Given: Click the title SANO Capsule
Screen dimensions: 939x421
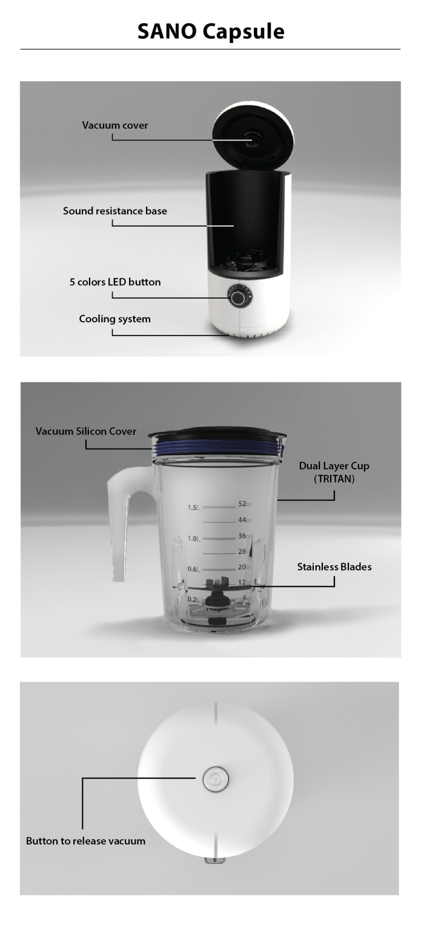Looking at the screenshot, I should pyautogui.click(x=210, y=32).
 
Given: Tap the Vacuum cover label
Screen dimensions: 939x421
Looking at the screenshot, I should pyautogui.click(x=115, y=125).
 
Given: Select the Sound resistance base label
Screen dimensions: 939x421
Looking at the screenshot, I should pyautogui.click(x=115, y=211).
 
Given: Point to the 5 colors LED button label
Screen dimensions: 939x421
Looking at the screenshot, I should pyautogui.click(x=115, y=282).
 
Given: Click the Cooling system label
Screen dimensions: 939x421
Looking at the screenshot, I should pyautogui.click(x=114, y=319).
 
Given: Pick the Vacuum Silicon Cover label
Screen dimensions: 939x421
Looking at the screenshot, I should pyautogui.click(x=86, y=431).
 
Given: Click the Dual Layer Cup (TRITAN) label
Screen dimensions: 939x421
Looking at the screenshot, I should pyautogui.click(x=334, y=472).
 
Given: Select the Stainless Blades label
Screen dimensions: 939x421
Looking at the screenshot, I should pyautogui.click(x=334, y=567).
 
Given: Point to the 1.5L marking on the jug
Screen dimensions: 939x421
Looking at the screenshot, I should pyautogui.click(x=194, y=508).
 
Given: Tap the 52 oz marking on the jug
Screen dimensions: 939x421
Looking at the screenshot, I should pyautogui.click(x=245, y=504).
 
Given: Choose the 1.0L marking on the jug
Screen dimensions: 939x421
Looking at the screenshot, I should pyautogui.click(x=194, y=539).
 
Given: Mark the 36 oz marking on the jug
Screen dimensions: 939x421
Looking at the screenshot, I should pyautogui.click(x=245, y=536).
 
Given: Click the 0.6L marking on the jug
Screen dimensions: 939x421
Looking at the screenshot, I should pyautogui.click(x=194, y=569).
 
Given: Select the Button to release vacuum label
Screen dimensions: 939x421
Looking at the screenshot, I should pyautogui.click(x=85, y=841).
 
